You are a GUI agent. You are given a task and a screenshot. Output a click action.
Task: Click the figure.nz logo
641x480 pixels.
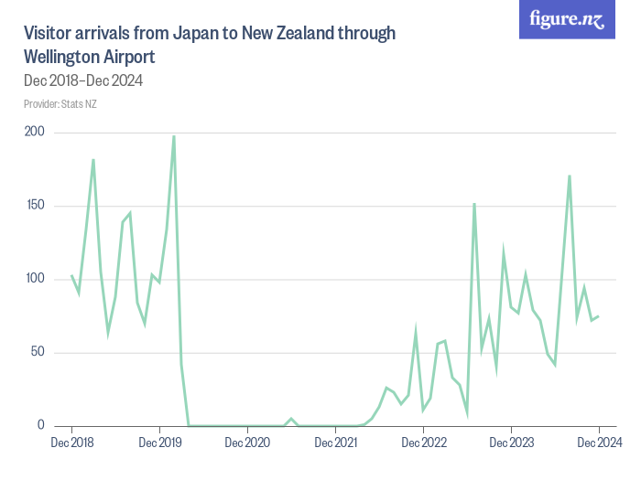[x=567, y=20]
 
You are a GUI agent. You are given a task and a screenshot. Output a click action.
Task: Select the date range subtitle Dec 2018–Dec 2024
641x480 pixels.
[x=82, y=80]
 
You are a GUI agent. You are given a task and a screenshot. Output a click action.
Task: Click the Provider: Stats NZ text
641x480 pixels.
[x=60, y=103]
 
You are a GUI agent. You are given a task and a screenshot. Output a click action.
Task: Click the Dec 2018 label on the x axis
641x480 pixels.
[x=71, y=443]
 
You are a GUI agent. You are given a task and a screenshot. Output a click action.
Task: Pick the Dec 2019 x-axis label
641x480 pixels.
[x=159, y=443]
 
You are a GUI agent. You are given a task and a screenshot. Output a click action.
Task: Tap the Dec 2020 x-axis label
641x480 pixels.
[x=247, y=443]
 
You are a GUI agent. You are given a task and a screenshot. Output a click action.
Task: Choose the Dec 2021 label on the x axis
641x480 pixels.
[x=335, y=443]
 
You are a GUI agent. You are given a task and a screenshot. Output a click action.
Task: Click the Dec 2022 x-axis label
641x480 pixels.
[x=423, y=443]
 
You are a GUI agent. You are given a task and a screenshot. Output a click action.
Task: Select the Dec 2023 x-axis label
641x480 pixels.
[x=511, y=443]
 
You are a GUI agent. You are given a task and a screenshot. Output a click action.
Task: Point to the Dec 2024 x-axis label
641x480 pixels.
[x=599, y=443]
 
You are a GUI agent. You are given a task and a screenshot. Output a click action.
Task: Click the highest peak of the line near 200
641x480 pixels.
[x=174, y=136]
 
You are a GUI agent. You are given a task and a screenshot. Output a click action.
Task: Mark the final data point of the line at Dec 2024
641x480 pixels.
[x=599, y=316]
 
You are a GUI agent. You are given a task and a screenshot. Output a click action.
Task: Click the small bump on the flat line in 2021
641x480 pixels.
[x=291, y=419]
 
